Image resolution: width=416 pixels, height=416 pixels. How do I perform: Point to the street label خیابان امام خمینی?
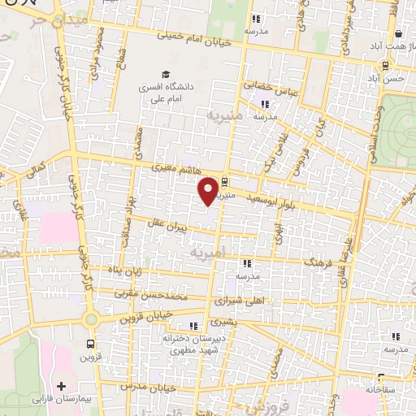pos(197,36)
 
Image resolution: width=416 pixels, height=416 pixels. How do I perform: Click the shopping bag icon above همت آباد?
pos(399,34)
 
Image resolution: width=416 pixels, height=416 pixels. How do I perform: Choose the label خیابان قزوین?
pos(147,313)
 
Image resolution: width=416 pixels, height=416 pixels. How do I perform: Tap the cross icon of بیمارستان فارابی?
pos(62,384)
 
